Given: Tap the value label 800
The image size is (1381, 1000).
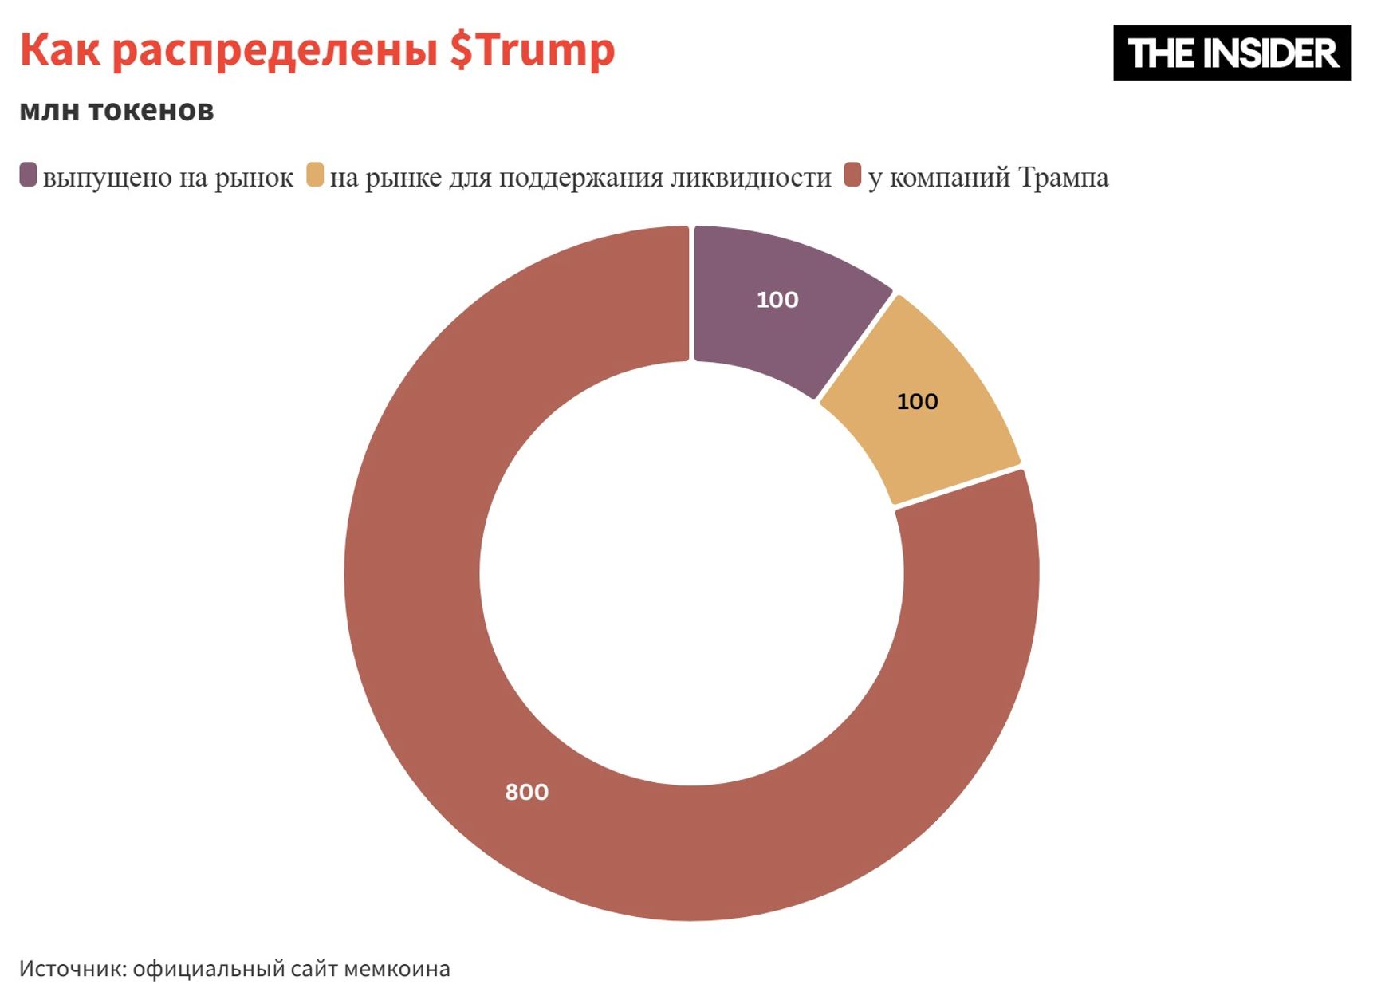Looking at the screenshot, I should pos(527,792).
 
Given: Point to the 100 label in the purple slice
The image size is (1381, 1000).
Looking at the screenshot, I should pos(777,300).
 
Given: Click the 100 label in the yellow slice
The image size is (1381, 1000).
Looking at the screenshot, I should pos(917,401).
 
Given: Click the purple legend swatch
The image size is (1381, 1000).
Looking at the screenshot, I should pos(28,175).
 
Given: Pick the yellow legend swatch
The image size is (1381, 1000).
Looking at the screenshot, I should pos(315,175).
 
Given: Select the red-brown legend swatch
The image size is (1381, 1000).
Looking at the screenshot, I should pos(852,175).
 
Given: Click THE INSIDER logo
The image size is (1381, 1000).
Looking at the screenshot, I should pos(1231,53).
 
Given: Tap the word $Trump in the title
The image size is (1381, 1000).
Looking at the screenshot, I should pos(532,49).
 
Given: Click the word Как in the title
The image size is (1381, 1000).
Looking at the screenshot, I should pos(60,49).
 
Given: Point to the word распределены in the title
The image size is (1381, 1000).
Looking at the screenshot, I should pos(274,51).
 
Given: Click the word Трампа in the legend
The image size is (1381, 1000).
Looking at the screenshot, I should pos(1063,177).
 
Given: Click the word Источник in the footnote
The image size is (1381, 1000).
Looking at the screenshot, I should pos(72,968).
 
